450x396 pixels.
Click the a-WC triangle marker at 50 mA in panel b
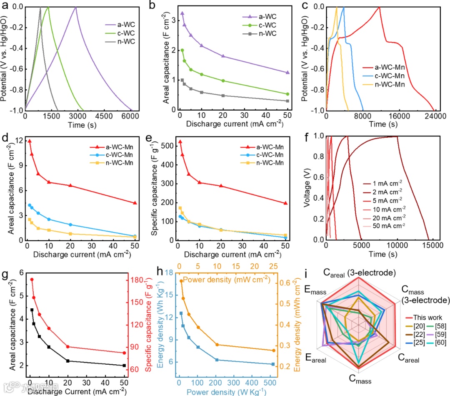pyautogui.click(x=287, y=73)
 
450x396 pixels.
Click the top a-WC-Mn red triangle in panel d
pyautogui.click(x=30, y=141)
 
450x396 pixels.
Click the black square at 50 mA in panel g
pyautogui.click(x=124, y=366)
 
